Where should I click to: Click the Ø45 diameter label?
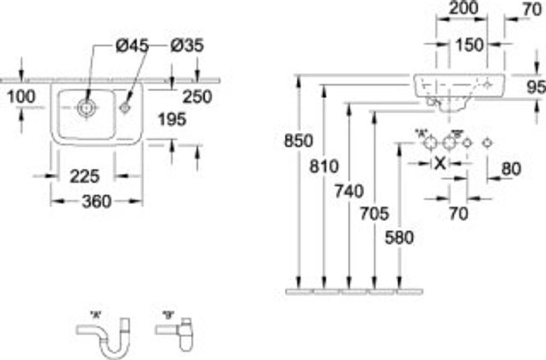pyautogui.click(x=132, y=46)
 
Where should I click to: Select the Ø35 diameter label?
pyautogui.click(x=187, y=46)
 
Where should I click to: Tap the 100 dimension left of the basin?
pyautogui.click(x=22, y=97)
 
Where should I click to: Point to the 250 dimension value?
pyautogui.click(x=197, y=97)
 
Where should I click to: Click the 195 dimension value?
pyautogui.click(x=172, y=119)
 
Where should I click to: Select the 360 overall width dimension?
pyautogui.click(x=97, y=202)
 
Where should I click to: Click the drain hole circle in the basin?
pyautogui.click(x=85, y=108)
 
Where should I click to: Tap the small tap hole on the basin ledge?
pyautogui.click(x=125, y=107)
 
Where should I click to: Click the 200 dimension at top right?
pyautogui.click(x=462, y=8)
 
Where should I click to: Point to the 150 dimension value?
pyautogui.click(x=469, y=45)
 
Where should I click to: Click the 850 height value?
pyautogui.click(x=298, y=141)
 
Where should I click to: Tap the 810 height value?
pyautogui.click(x=324, y=166)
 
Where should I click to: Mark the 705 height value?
pyautogui.click(x=374, y=214)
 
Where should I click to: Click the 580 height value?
pyautogui.click(x=399, y=238)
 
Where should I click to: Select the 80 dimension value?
pyautogui.click(x=511, y=169)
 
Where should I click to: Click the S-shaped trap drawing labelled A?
pyautogui.click(x=104, y=335)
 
